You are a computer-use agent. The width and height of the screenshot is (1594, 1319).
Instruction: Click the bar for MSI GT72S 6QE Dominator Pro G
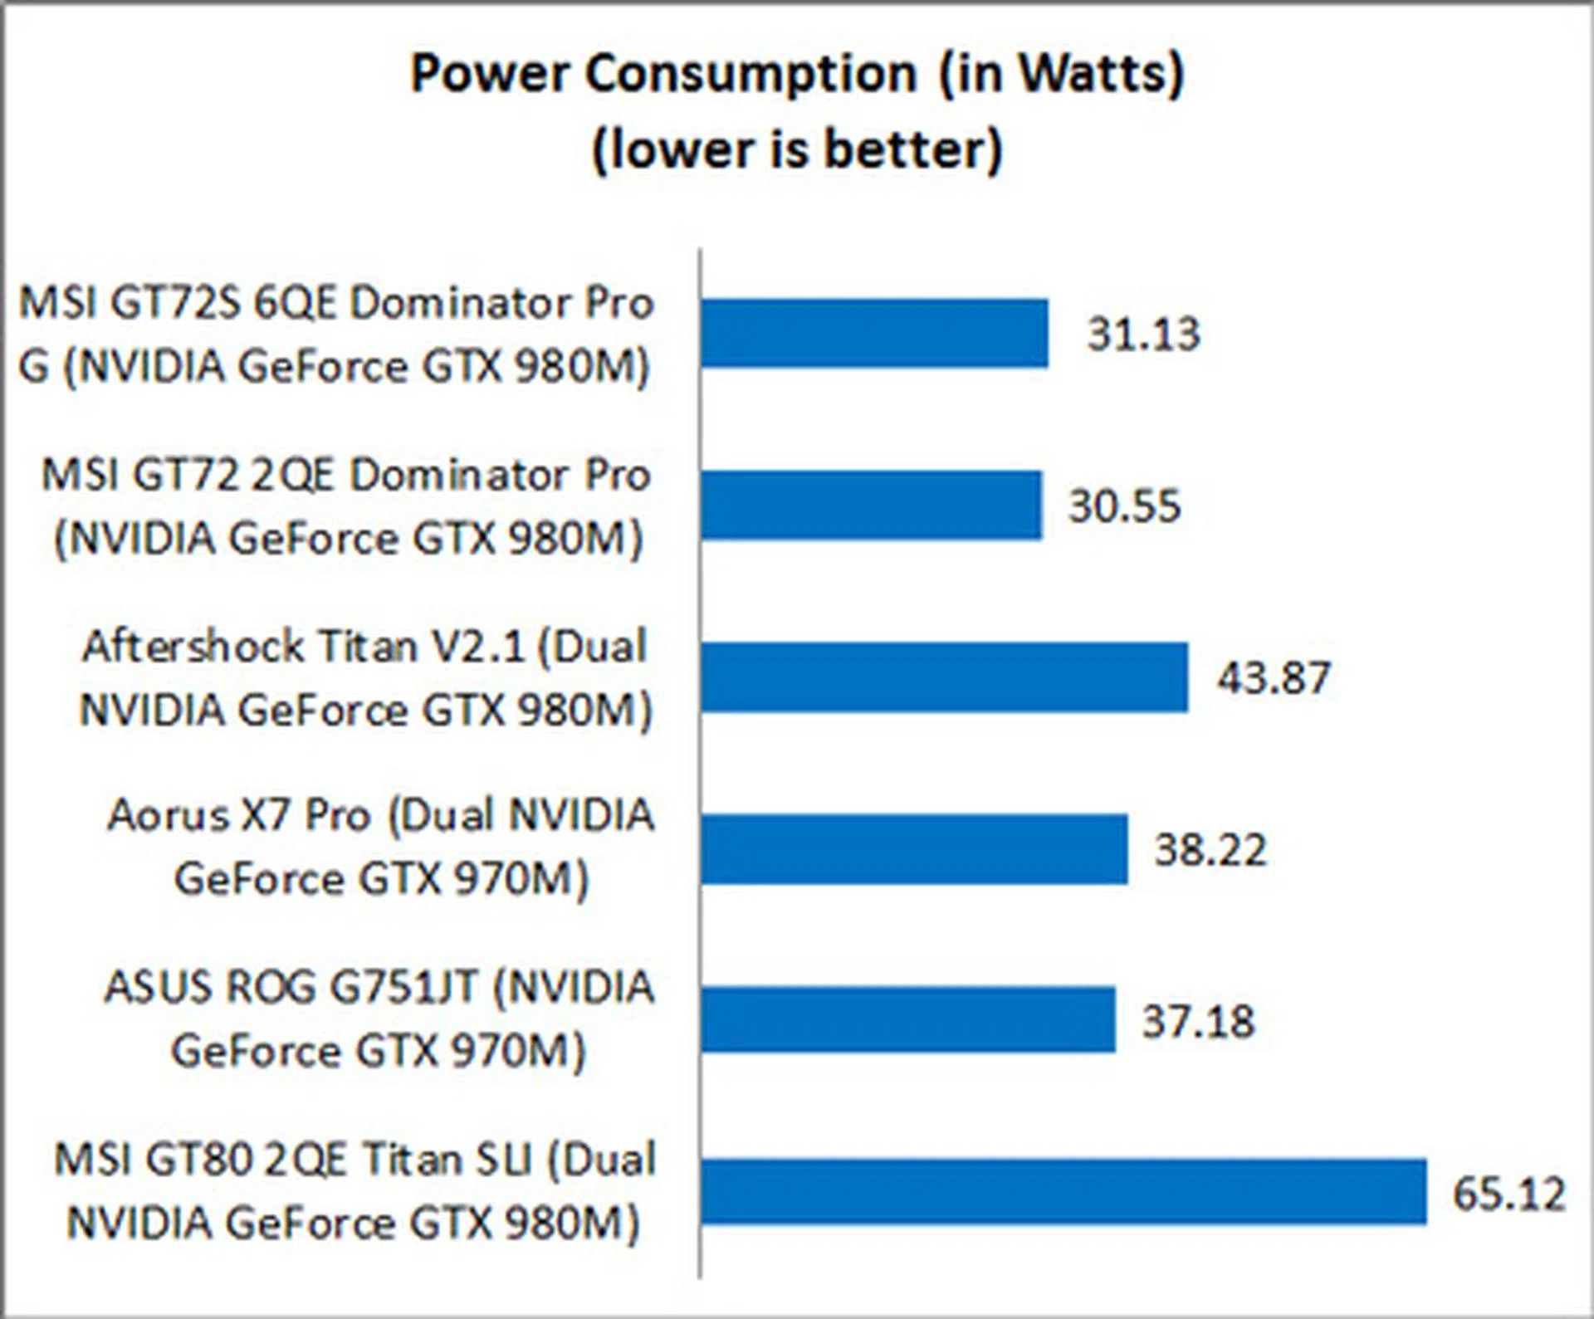tap(873, 334)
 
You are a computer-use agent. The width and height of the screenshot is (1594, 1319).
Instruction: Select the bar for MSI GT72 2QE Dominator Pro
tap(870, 506)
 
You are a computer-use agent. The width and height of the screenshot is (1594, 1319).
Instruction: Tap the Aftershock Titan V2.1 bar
tap(943, 677)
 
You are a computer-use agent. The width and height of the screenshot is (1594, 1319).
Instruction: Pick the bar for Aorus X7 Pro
tap(913, 849)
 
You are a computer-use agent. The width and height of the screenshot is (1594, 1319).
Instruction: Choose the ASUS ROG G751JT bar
tap(907, 1020)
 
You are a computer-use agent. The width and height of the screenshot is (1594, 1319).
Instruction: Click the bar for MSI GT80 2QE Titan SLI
tap(1063, 1192)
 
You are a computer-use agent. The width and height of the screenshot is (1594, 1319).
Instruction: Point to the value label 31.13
tap(1144, 335)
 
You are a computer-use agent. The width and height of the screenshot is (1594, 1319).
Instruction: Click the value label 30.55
tap(1124, 506)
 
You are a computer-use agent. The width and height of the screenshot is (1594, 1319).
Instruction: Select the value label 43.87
tap(1274, 678)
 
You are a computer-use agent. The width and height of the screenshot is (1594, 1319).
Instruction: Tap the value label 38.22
tap(1210, 850)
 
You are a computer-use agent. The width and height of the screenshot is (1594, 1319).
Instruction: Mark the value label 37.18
tap(1198, 1022)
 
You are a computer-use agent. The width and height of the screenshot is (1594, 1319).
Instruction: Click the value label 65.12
tap(1508, 1194)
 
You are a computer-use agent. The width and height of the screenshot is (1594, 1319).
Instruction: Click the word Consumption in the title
tap(751, 75)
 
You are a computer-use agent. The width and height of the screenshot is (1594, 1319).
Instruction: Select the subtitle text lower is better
tap(797, 149)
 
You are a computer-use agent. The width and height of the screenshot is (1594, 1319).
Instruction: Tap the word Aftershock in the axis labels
tap(193, 647)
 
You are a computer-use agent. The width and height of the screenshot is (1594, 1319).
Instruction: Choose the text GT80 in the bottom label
tap(198, 1160)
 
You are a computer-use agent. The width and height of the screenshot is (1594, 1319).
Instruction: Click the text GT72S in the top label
tap(177, 303)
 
